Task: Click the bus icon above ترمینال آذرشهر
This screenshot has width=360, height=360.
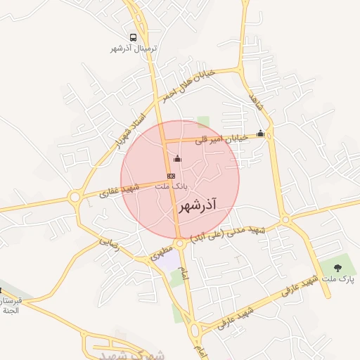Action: (134, 37)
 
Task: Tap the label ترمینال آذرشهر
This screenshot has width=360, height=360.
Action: (134, 49)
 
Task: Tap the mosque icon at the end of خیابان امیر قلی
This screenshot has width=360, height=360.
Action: (261, 133)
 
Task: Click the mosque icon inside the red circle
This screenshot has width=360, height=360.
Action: (176, 158)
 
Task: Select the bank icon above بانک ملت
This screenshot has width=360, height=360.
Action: (171, 175)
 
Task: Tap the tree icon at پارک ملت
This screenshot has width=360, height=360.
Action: (337, 268)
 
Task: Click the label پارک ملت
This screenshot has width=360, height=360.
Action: (338, 280)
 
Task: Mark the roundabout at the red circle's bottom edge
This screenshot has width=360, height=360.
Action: (181, 243)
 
